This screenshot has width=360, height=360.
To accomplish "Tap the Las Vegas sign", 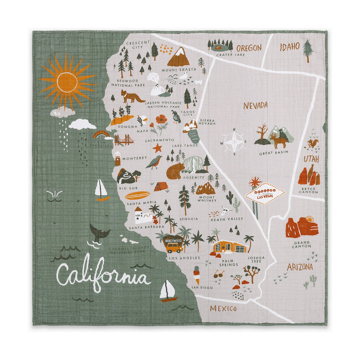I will (x=265, y=195).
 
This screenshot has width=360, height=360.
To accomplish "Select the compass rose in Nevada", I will (x=233, y=141).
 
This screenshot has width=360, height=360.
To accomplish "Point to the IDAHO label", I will (x=290, y=47).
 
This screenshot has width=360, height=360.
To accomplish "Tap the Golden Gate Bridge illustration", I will (x=124, y=139).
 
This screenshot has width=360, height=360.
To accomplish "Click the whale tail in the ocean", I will (x=99, y=231).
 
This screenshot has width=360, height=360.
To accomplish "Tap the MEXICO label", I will (x=223, y=309).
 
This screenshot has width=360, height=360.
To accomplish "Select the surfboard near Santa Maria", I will (x=137, y=195).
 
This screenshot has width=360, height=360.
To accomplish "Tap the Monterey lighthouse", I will (x=118, y=158).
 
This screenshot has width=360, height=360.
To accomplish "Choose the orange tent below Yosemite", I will (x=160, y=186).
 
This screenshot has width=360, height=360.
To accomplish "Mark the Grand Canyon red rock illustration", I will (x=302, y=227).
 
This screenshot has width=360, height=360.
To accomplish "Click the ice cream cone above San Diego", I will (x=196, y=273).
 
